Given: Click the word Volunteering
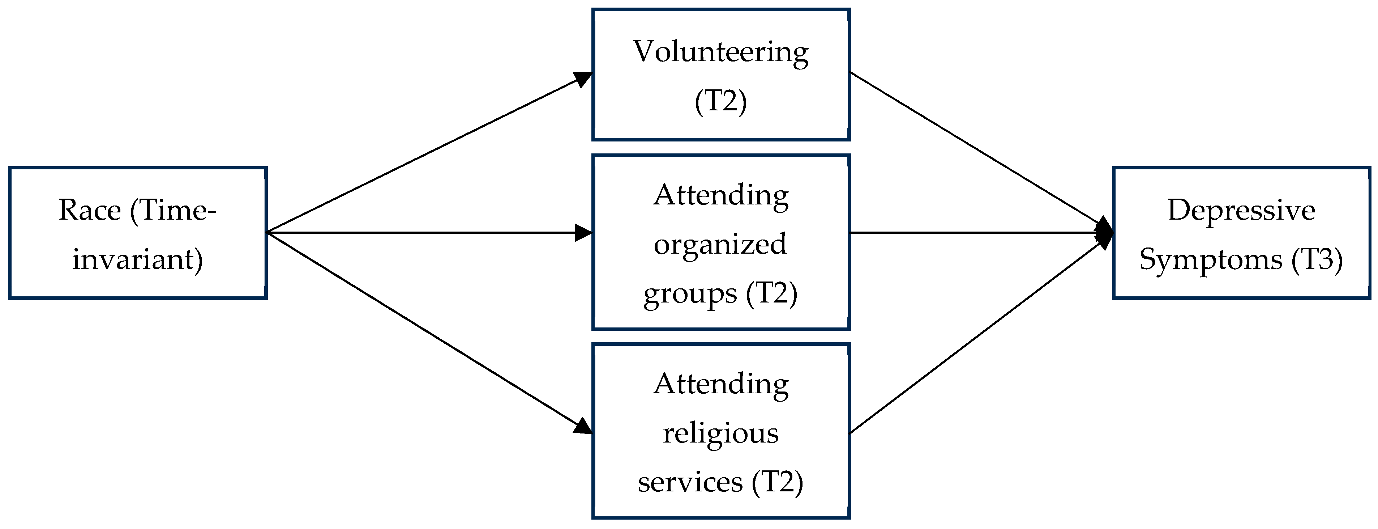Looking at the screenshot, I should [720, 52].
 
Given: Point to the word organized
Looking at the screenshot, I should [720, 245].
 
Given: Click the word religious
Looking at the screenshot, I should [720, 433].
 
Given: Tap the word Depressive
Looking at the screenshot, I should [1241, 210].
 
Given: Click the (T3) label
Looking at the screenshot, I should [1317, 260].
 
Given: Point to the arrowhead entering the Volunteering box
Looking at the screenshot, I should [584, 79].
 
